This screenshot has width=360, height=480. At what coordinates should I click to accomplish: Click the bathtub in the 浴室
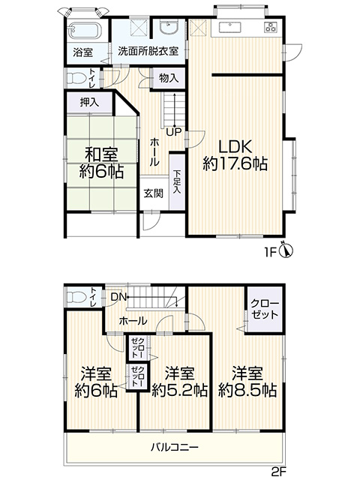(84, 31)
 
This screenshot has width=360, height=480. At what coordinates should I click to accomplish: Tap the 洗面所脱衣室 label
(148, 51)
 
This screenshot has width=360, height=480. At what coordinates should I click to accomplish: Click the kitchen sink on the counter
(230, 28)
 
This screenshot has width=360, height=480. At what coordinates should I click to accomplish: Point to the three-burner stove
(271, 27)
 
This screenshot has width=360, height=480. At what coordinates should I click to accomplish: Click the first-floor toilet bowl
(75, 78)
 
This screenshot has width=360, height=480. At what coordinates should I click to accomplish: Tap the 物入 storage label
(168, 78)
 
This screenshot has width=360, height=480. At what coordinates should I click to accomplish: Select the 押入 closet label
(89, 103)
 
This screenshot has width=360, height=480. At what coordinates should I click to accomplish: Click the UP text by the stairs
(173, 132)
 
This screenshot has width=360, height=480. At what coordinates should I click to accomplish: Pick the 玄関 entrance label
(154, 193)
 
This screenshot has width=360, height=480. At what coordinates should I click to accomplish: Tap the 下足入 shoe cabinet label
(177, 181)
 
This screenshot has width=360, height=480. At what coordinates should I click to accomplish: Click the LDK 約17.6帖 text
(235, 155)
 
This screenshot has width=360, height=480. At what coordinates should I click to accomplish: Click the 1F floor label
(271, 252)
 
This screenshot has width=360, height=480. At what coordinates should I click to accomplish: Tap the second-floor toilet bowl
(75, 297)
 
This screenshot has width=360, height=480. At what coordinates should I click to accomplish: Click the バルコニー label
(175, 448)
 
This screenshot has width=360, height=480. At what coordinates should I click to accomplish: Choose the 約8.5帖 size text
(247, 390)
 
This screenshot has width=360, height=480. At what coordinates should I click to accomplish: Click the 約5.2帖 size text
(180, 390)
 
